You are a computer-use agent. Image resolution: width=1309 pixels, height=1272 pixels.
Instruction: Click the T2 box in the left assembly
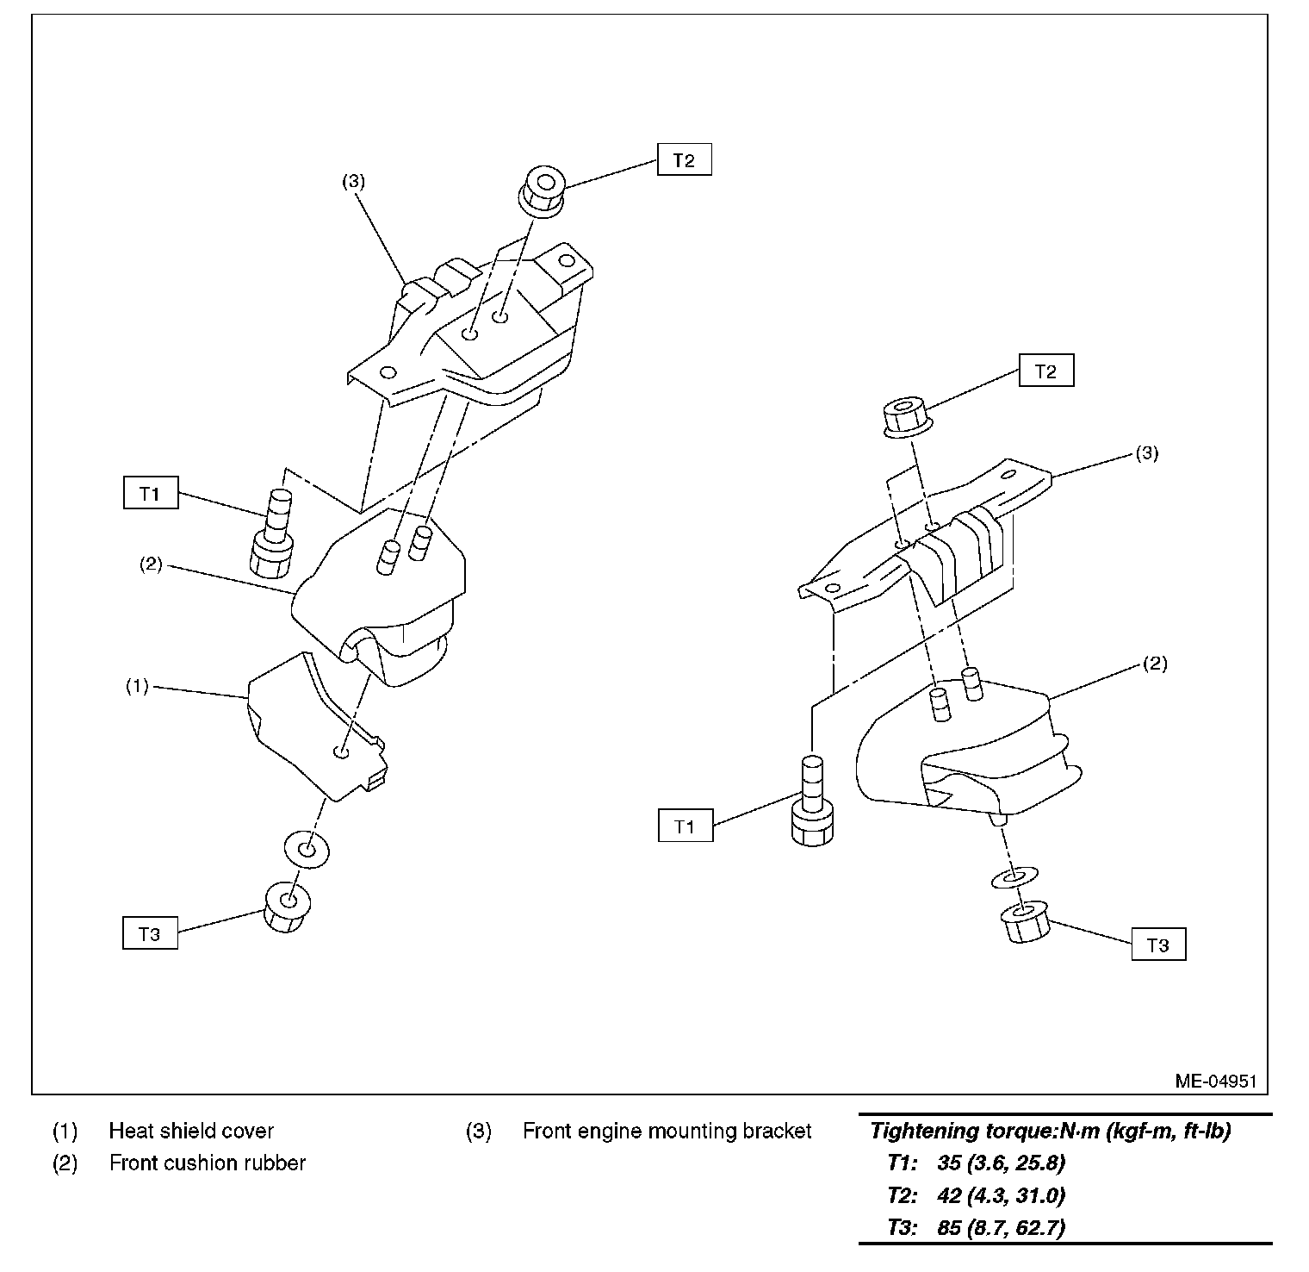(x=684, y=159)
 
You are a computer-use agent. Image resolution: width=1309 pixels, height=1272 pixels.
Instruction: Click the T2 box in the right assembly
(x=1045, y=371)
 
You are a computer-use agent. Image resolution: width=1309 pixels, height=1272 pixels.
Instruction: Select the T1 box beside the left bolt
(x=150, y=494)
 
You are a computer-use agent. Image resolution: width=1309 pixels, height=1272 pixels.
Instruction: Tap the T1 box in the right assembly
(x=685, y=826)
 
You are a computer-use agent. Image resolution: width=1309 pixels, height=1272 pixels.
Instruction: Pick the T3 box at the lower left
(x=150, y=933)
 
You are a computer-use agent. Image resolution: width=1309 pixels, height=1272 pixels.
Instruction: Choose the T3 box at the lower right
(x=1158, y=945)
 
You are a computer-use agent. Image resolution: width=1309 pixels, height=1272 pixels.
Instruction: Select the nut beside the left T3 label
(x=287, y=906)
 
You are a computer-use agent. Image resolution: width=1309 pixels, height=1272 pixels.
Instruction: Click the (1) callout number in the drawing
(x=137, y=687)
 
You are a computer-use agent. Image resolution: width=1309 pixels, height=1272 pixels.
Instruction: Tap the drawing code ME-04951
(x=1216, y=1081)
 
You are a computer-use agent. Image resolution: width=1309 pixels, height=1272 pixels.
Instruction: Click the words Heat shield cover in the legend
(x=191, y=1131)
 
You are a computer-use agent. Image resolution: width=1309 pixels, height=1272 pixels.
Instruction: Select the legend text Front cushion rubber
(x=208, y=1163)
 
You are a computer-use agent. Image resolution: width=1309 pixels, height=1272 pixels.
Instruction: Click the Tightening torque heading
(x=1050, y=1131)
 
